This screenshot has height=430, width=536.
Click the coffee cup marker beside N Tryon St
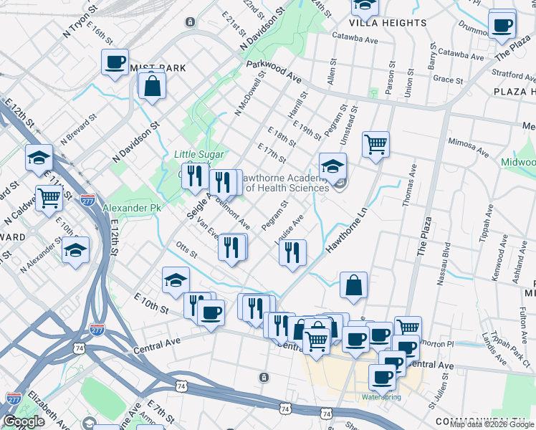click(x=115, y=62)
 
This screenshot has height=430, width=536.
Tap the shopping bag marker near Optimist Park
click(x=153, y=86)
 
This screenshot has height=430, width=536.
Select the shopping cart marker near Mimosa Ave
click(x=375, y=145)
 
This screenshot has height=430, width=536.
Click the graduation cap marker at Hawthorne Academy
click(x=332, y=167)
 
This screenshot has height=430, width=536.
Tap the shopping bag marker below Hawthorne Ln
click(x=353, y=285)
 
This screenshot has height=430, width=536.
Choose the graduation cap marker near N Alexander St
click(x=75, y=251)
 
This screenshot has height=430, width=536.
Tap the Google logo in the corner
click(x=24, y=421)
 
